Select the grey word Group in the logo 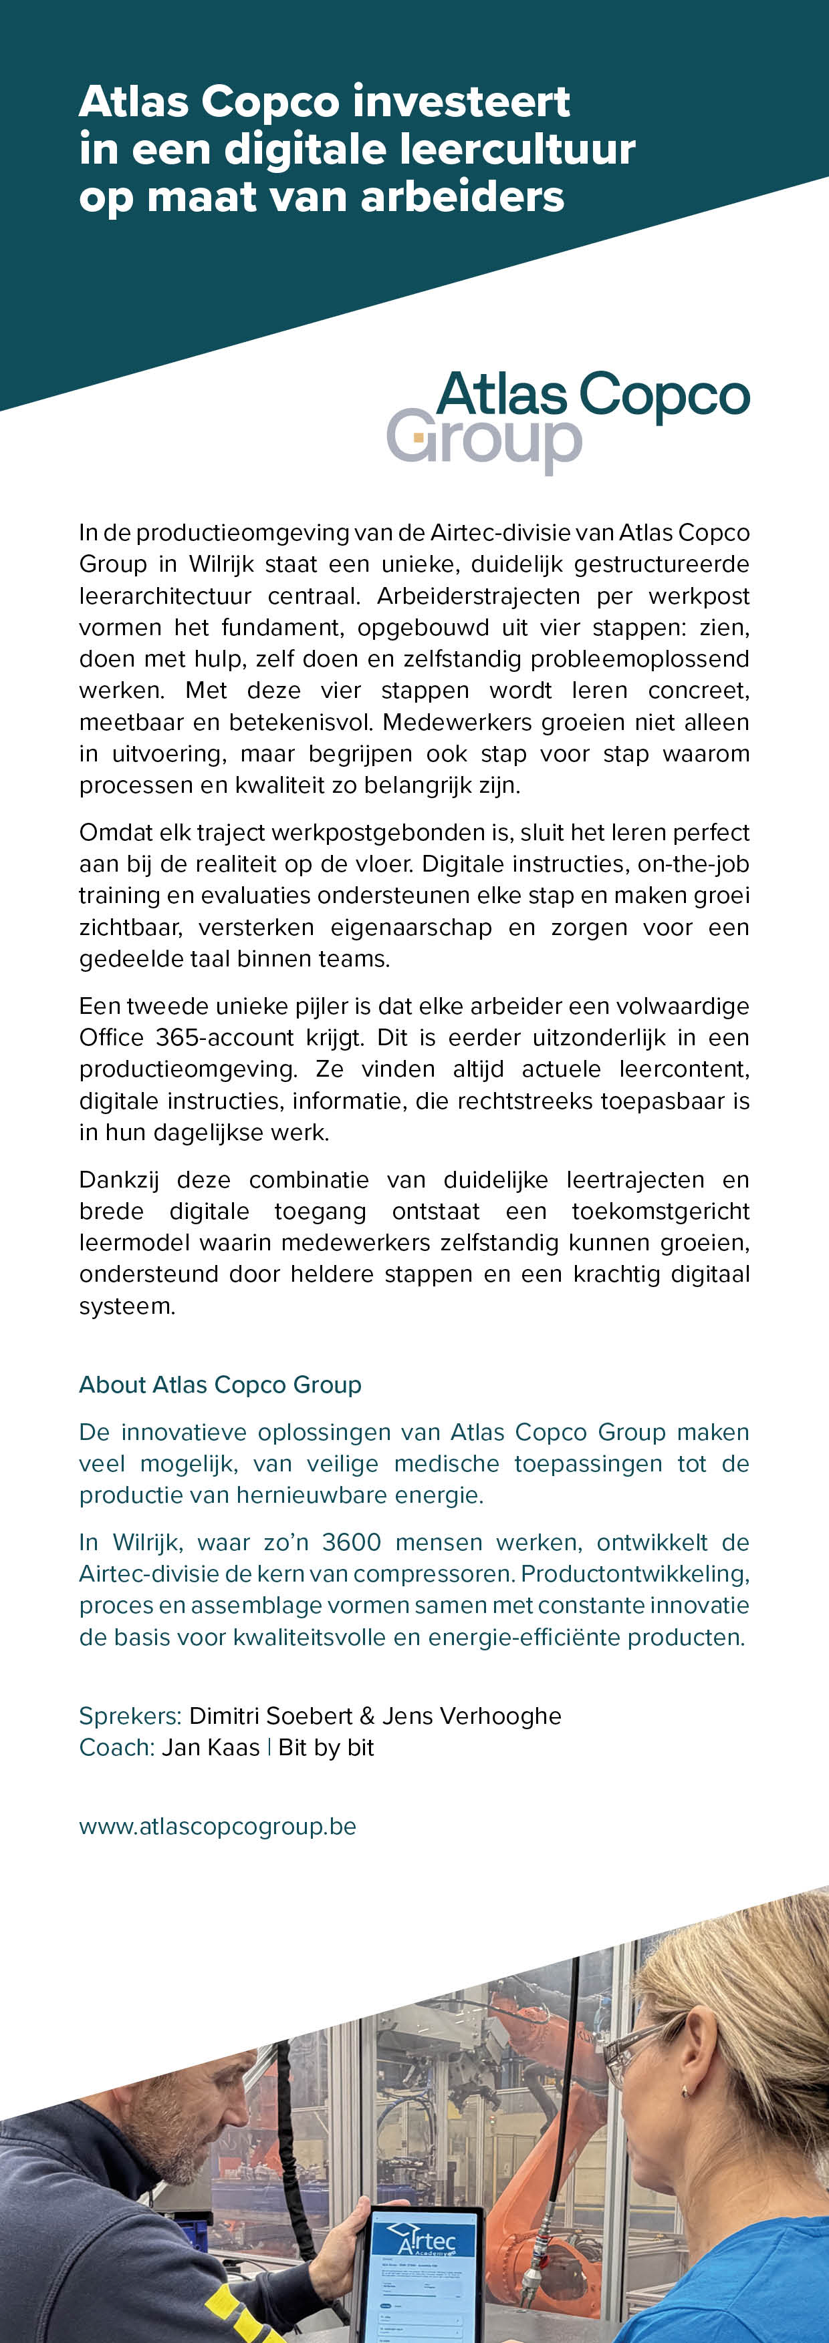484,439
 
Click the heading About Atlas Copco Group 220,1385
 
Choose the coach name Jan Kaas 210,1747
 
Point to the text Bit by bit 326,1747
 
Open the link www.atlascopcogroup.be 217,1826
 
